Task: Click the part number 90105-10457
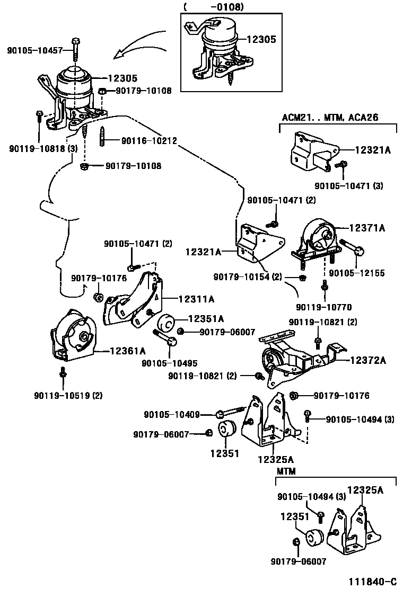click(x=35, y=51)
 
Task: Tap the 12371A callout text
click(x=366, y=228)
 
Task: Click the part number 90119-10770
click(x=323, y=307)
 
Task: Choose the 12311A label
click(x=196, y=299)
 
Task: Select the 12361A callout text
click(x=127, y=350)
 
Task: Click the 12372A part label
click(x=367, y=361)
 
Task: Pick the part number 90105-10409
click(x=172, y=414)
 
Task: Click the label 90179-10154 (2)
click(x=248, y=277)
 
